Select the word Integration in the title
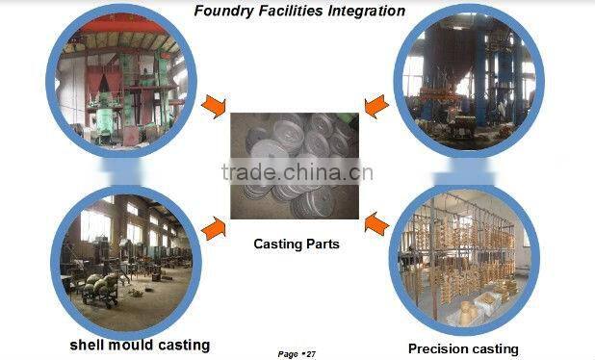click(362, 12)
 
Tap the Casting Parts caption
click(297, 244)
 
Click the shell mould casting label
click(139, 344)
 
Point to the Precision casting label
click(463, 348)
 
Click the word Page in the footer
click(288, 354)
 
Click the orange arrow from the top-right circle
click(376, 104)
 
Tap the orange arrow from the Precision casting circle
click(377, 225)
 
